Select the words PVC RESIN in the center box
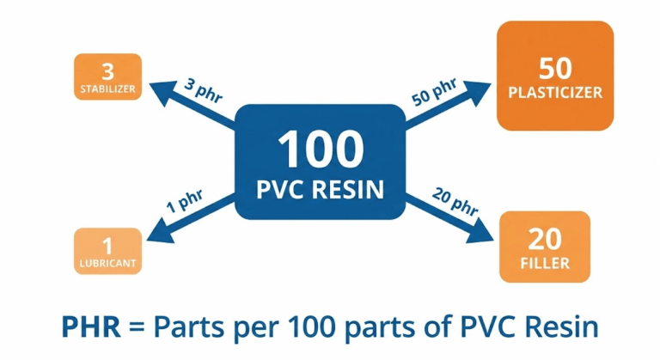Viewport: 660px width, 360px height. click(x=320, y=189)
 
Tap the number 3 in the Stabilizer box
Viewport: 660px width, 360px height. click(x=108, y=69)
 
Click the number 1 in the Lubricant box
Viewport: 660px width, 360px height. click(x=107, y=243)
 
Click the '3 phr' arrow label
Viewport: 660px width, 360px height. click(x=202, y=91)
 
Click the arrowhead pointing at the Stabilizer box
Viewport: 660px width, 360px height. click(x=157, y=85)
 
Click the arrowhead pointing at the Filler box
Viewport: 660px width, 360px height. click(x=486, y=240)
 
